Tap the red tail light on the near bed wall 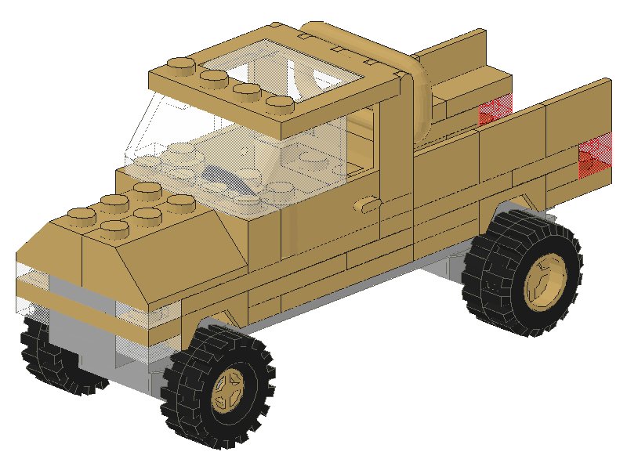[x=593, y=157]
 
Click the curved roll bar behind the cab [x=419, y=94]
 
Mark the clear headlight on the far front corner [x=31, y=276]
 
